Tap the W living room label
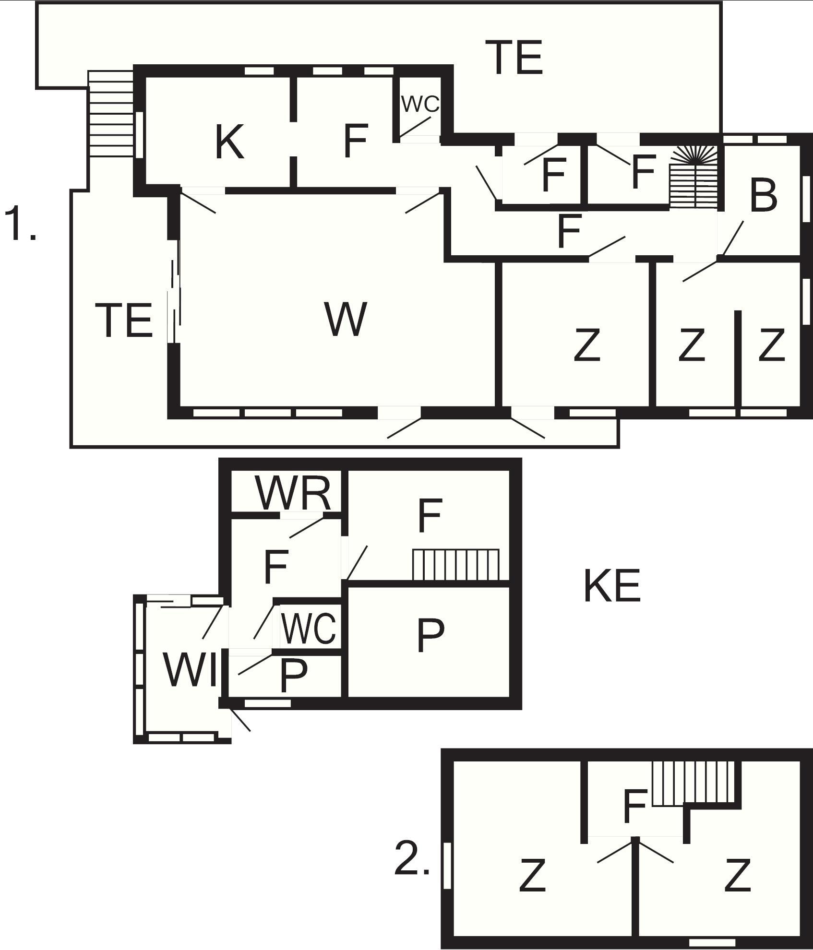(x=346, y=319)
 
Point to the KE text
(x=612, y=586)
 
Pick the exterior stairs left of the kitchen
(x=111, y=114)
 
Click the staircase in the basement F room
(x=456, y=565)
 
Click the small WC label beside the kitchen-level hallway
(x=420, y=104)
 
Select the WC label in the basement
(x=309, y=628)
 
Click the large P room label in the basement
(x=430, y=634)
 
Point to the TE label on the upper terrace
(x=514, y=58)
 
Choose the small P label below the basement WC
(x=293, y=675)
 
